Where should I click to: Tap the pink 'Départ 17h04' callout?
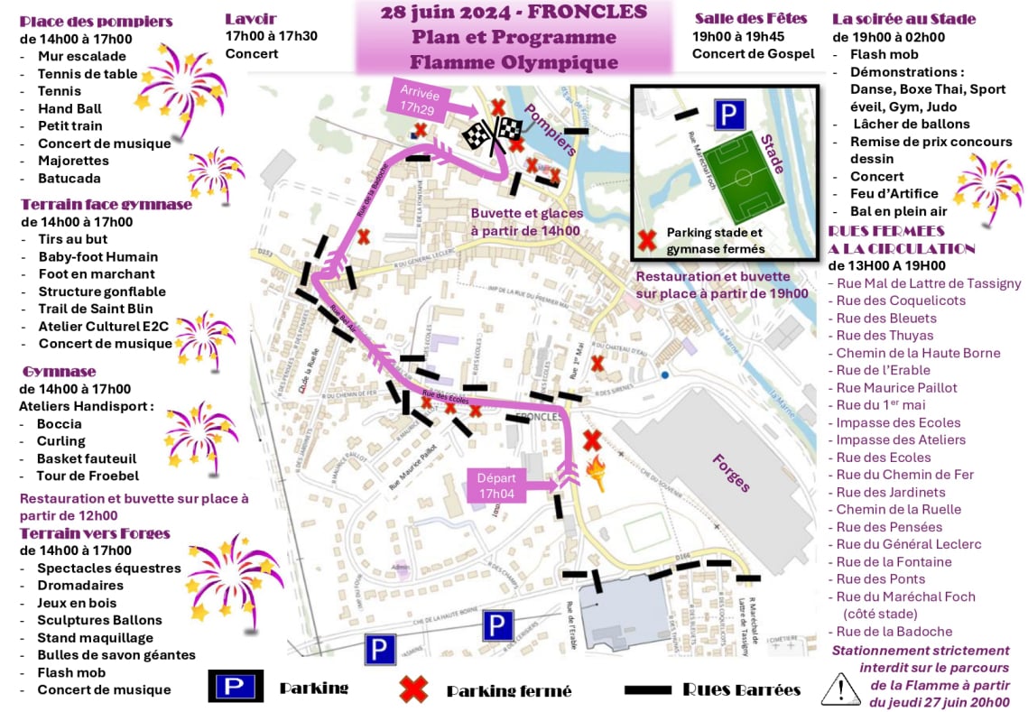tap(495, 485)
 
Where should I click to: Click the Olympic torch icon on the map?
tap(597, 472)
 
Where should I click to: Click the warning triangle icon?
tap(839, 688)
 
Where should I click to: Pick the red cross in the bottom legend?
tap(413, 689)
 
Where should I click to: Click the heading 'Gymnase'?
tap(60, 372)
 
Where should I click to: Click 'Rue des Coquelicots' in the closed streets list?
tap(901, 301)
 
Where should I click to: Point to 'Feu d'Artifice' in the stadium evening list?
tap(894, 193)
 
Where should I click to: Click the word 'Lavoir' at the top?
tap(251, 19)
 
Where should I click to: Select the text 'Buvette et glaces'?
tap(526, 213)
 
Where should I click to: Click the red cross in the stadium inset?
tap(646, 240)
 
